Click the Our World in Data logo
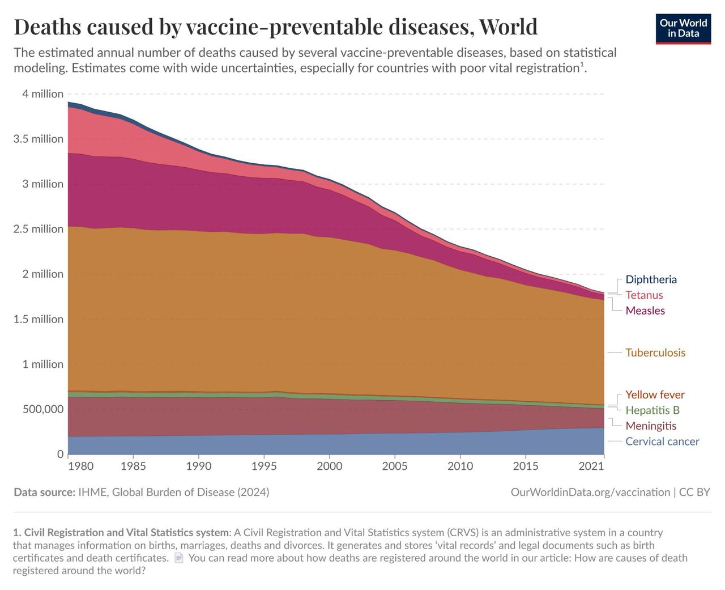pos(683,28)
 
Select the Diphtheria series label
pos(651,279)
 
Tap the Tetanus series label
pos(644,295)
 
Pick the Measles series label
pos(645,311)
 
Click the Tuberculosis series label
pos(655,353)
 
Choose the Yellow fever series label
pos(655,394)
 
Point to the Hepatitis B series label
pos(652,410)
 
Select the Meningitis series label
pos(651,426)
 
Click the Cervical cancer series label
pos(662,442)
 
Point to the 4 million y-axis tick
pos(42,94)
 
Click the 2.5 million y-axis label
pos(39,229)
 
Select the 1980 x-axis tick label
pos(80,466)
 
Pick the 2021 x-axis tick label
pos(591,466)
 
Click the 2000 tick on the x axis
pos(329,466)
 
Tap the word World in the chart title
pos(508,27)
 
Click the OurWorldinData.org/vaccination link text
pos(590,492)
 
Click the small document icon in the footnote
pos(179,558)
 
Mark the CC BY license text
pos(694,492)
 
